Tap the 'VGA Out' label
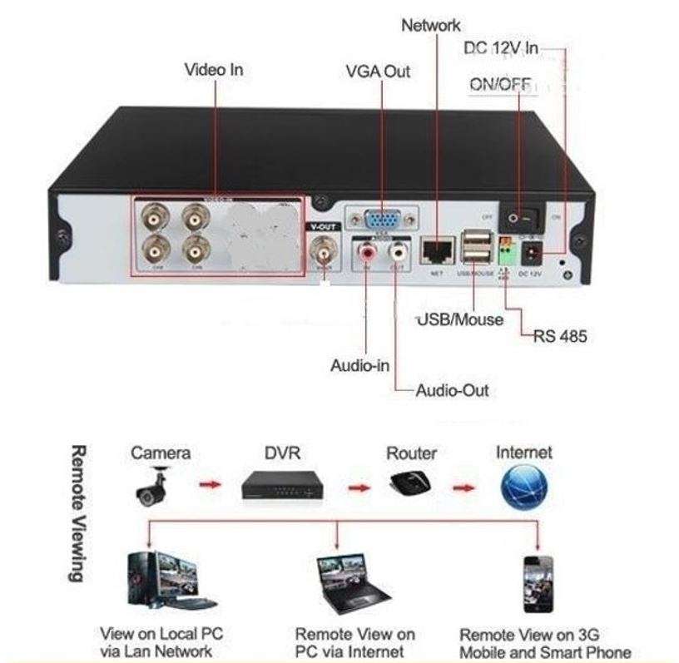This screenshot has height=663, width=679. tap(378, 72)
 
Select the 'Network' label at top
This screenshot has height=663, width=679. tap(431, 25)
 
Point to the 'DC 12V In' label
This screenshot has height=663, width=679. tap(501, 50)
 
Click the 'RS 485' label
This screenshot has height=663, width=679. tap(560, 337)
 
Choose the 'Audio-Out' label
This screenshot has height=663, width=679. tap(452, 390)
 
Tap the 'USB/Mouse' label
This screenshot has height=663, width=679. tap(459, 319)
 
